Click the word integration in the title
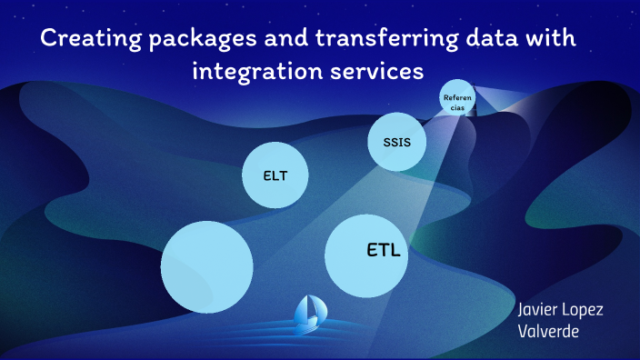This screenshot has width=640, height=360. coord(250,72)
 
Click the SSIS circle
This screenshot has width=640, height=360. coord(397,143)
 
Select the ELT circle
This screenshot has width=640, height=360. coord(275,175)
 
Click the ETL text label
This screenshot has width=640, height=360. coord(383,249)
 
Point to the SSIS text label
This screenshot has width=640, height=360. coord(397,143)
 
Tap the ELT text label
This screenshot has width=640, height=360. coord(275,175)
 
